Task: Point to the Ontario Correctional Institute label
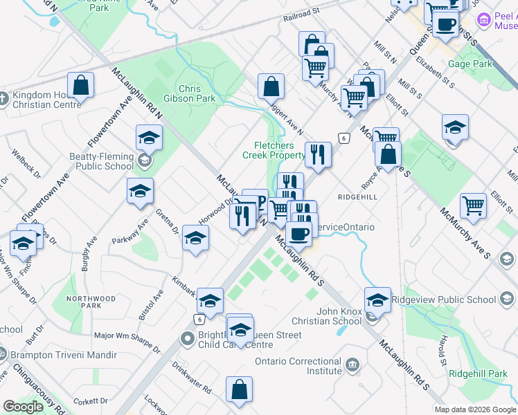tap(298, 366)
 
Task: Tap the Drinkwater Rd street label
tap(191, 377)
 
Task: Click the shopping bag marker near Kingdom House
tap(81, 86)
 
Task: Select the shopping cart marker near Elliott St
tap(473, 205)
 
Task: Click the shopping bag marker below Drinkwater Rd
tap(239, 389)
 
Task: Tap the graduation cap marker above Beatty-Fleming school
tap(149, 138)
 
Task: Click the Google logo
tap(23, 407)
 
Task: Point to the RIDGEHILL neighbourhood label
tap(358, 197)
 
